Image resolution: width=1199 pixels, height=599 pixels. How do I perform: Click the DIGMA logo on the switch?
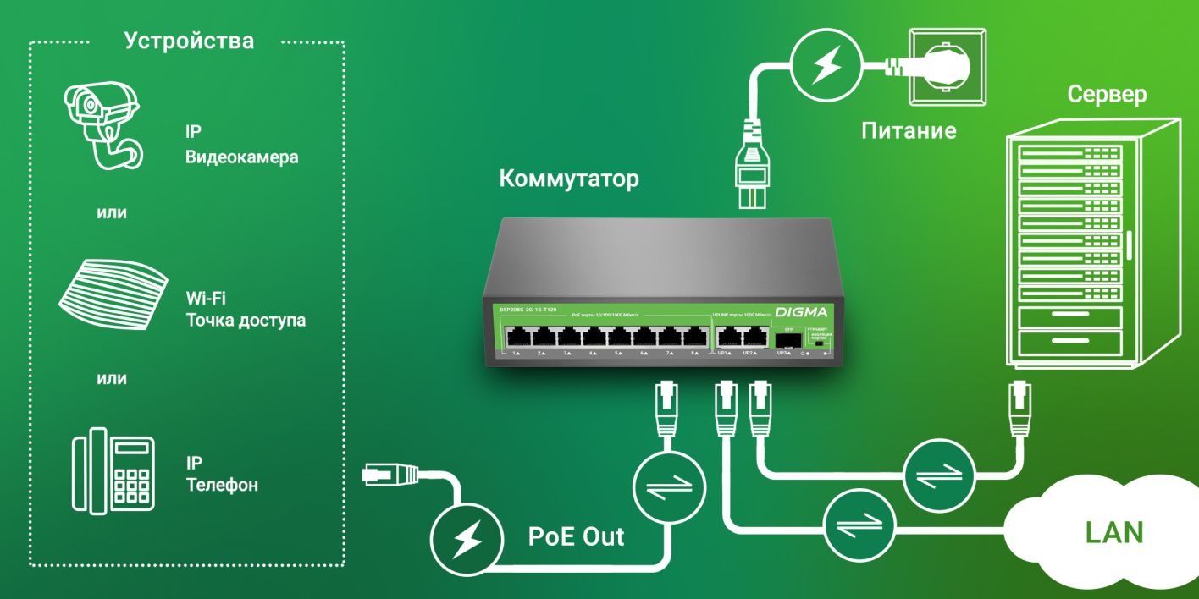798,311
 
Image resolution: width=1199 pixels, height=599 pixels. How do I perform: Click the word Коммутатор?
569,179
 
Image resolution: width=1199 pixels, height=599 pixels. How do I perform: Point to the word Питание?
909,131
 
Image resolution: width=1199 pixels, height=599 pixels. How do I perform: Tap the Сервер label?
1107,94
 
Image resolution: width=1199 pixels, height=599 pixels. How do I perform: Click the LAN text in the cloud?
1114,532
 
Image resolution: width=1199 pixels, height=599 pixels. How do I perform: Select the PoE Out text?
576,536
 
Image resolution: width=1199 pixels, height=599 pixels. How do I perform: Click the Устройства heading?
189,41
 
